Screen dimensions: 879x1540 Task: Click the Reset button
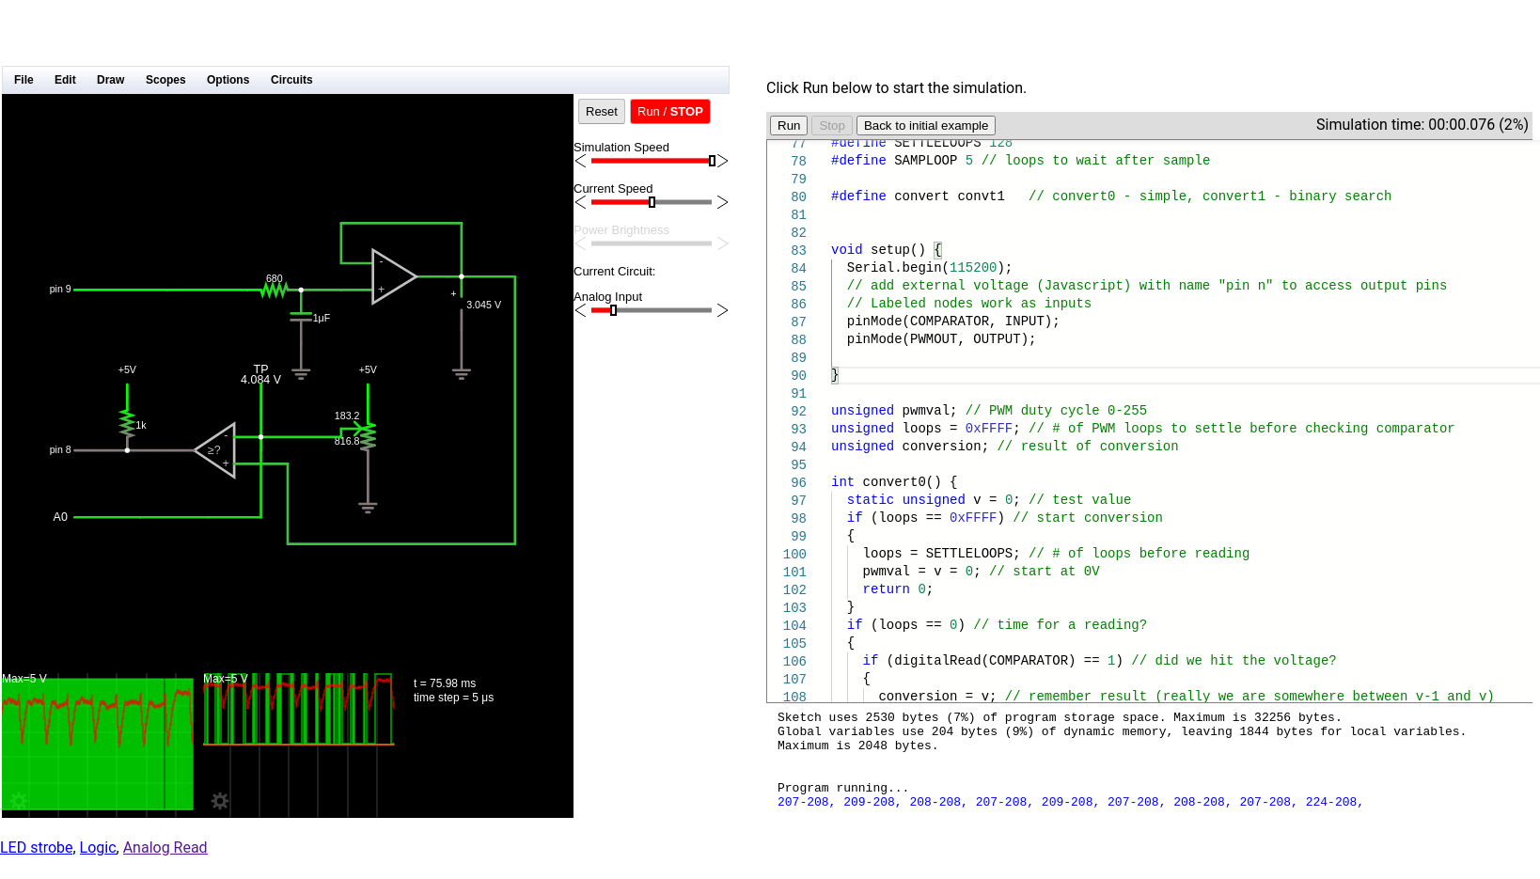click(x=601, y=112)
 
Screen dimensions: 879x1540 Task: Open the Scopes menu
click(x=165, y=80)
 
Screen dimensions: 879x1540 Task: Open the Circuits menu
click(x=291, y=80)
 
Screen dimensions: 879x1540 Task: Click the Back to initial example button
click(x=925, y=126)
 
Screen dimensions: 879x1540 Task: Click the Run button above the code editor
click(x=789, y=126)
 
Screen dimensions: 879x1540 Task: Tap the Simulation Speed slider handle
click(x=712, y=161)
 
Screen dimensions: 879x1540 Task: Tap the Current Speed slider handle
click(x=652, y=202)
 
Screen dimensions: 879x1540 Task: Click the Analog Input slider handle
click(x=613, y=310)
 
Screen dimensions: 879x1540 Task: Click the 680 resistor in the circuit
click(x=274, y=290)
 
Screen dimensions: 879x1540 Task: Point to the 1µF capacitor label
click(x=322, y=319)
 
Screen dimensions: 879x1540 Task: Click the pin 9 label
click(x=60, y=290)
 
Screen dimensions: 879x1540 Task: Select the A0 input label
click(x=60, y=517)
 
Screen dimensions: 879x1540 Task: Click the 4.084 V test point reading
click(x=260, y=380)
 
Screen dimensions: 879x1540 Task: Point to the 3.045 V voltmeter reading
click(x=483, y=306)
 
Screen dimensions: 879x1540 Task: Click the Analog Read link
click(x=165, y=848)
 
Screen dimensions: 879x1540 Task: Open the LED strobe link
click(x=37, y=848)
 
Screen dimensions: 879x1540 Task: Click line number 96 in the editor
click(x=798, y=482)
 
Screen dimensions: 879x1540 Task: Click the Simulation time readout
click(x=1421, y=125)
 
